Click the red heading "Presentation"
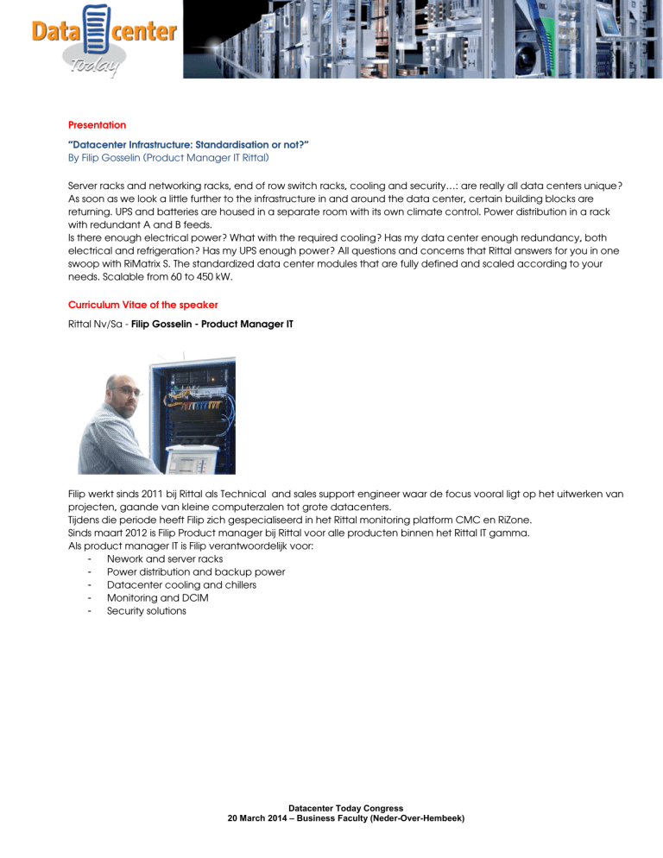point(97,125)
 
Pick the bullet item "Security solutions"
point(145,610)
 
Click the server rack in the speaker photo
point(197,406)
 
